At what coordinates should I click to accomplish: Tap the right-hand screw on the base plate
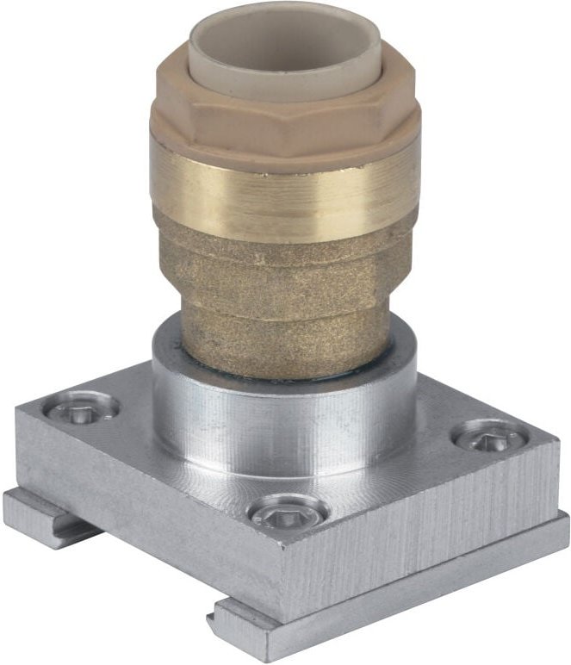click(489, 437)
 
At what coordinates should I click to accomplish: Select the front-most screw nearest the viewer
click(287, 513)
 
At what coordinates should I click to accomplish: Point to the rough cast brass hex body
click(284, 267)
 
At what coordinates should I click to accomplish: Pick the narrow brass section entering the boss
click(284, 353)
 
